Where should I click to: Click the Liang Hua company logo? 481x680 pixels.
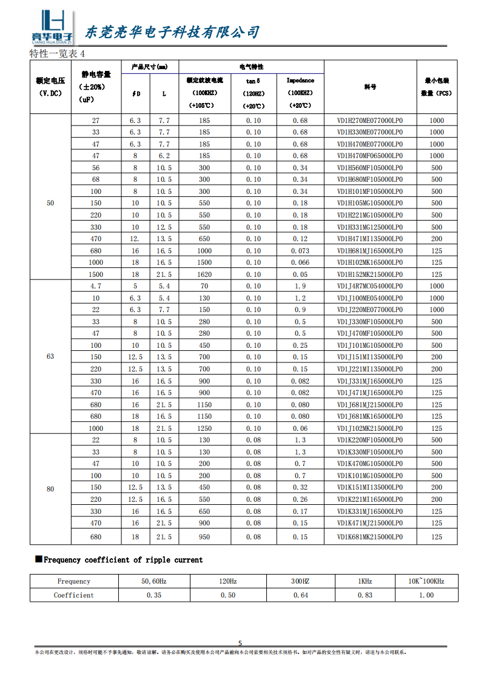(53, 28)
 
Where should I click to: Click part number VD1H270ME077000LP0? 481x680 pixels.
(369, 121)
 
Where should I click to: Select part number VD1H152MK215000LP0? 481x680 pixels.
(369, 275)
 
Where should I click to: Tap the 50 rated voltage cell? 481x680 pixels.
(50, 203)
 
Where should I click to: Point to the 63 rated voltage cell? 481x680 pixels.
(50, 356)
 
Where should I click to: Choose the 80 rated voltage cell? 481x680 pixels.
(50, 489)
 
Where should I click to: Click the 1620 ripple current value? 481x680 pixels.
(204, 275)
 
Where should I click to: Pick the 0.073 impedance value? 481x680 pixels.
(300, 251)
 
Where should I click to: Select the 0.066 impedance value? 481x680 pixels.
(300, 262)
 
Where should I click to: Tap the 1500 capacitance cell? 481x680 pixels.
(96, 275)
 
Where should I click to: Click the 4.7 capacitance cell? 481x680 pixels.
(96, 286)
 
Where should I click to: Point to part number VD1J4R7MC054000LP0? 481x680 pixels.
(369, 286)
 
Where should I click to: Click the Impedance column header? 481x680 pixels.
(300, 80)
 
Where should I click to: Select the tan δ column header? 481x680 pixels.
(253, 80)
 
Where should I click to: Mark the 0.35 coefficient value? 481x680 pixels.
(154, 595)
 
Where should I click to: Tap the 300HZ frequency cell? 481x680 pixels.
(300, 581)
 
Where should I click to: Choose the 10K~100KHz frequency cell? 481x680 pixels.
(426, 581)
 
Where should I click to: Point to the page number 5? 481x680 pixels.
(240, 644)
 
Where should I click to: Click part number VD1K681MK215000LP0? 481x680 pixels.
(369, 537)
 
